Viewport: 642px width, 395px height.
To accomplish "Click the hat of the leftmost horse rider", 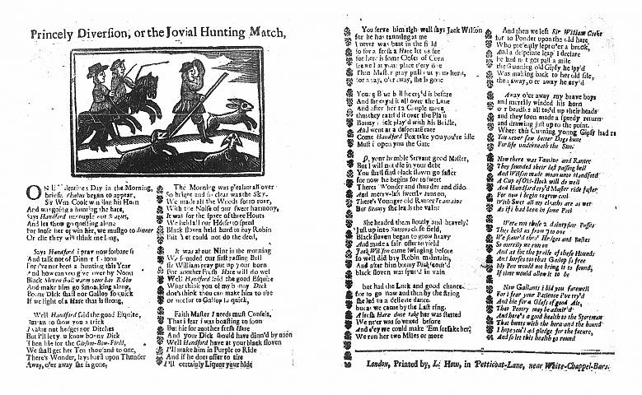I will pos(97,67).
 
